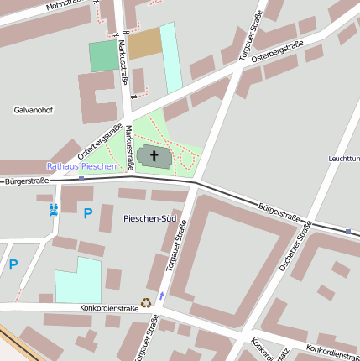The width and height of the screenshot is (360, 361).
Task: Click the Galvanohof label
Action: pyautogui.click(x=34, y=110)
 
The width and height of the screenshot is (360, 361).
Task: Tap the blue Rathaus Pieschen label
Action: pyautogui.click(x=81, y=166)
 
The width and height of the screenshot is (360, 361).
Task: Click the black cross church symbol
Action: pyautogui.click(x=154, y=156)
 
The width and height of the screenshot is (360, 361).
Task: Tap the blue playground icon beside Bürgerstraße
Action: pyautogui.click(x=55, y=208)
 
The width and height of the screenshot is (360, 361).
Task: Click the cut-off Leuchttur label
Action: pyautogui.click(x=343, y=158)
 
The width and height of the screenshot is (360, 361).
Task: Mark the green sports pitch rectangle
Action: pyautogui.click(x=104, y=56)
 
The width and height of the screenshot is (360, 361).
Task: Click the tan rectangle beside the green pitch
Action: pyautogui.click(x=143, y=44)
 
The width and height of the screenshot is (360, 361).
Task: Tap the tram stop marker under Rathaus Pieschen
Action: pyautogui.click(x=81, y=178)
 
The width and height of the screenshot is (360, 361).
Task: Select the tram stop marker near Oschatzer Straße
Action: pyautogui.click(x=347, y=231)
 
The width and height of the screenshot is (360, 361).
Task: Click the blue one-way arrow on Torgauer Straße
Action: pyautogui.click(x=161, y=296)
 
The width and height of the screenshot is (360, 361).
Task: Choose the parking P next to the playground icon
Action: pyautogui.click(x=87, y=213)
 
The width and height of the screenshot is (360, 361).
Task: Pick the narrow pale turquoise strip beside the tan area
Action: pyautogui.click(x=171, y=57)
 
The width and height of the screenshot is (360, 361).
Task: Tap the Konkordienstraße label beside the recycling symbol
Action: pyautogui.click(x=109, y=308)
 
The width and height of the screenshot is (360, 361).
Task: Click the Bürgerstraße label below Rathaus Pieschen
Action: pyautogui.click(x=25, y=180)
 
